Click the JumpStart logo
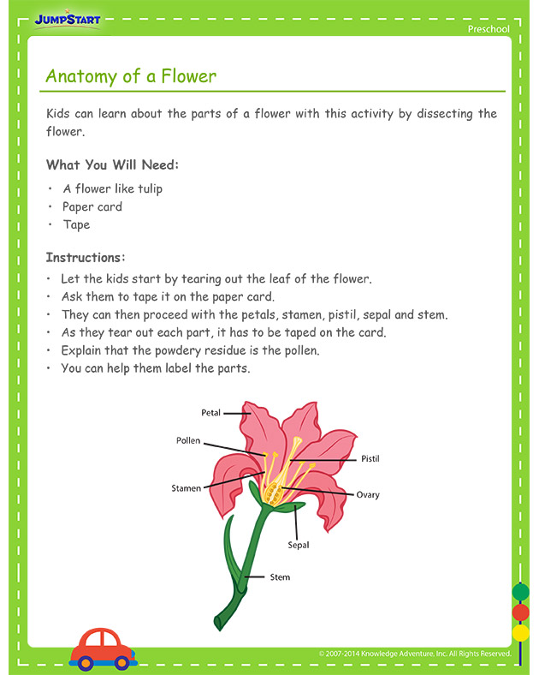[68, 19]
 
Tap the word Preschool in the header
[489, 29]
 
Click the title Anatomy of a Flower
[131, 76]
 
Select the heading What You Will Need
[112, 165]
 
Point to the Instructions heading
[86, 257]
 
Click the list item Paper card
[92, 206]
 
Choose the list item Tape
[76, 224]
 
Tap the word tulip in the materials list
[145, 188]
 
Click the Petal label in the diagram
[210, 413]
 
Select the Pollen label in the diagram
[188, 441]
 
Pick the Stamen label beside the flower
[187, 488]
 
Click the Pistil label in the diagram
[370, 459]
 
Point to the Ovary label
[368, 494]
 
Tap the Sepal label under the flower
[299, 545]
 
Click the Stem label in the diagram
[280, 577]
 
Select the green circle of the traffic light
[520, 592]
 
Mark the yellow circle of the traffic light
[520, 633]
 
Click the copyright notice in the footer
[415, 654]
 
